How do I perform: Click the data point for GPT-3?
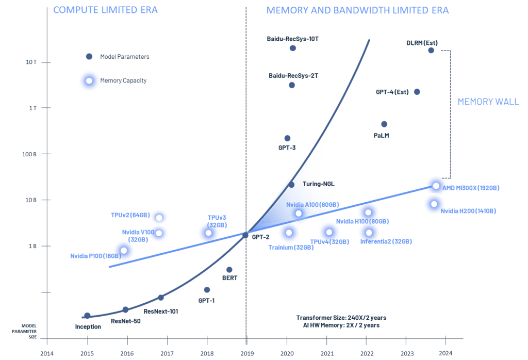[x=287, y=138]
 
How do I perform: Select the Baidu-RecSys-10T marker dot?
[x=292, y=48]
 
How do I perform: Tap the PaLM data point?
[x=384, y=124]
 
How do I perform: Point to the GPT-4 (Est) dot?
[x=417, y=92]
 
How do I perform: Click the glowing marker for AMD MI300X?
[x=436, y=186]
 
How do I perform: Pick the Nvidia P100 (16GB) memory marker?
[x=124, y=251]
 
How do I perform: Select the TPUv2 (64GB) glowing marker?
[x=159, y=218]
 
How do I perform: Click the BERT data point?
[x=229, y=270]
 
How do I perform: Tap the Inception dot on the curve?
[x=87, y=316]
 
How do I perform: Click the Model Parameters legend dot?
[x=89, y=57]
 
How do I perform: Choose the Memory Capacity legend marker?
[x=89, y=80]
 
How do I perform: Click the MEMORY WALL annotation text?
[x=488, y=102]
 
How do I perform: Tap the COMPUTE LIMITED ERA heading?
[x=105, y=10]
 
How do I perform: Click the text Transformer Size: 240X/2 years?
[x=341, y=317]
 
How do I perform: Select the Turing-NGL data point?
[x=291, y=185]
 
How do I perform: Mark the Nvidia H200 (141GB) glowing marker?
[x=434, y=204]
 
